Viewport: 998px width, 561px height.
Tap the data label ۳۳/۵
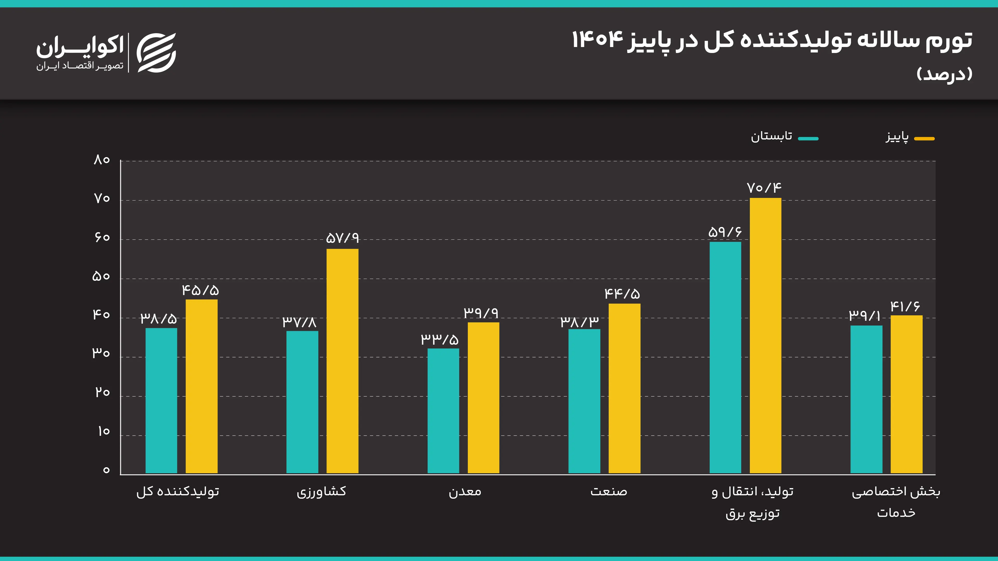point(440,339)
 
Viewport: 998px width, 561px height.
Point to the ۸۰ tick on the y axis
point(102,159)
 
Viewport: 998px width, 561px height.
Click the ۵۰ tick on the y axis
point(101,276)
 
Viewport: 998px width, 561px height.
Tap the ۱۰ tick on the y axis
point(103,431)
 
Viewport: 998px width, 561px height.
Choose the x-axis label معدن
point(465,491)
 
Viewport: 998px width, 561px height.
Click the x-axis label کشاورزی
point(321,491)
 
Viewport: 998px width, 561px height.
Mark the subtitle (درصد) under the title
point(944,74)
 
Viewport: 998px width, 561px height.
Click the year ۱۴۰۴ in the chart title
point(598,39)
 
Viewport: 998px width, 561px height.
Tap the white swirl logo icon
point(156,53)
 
